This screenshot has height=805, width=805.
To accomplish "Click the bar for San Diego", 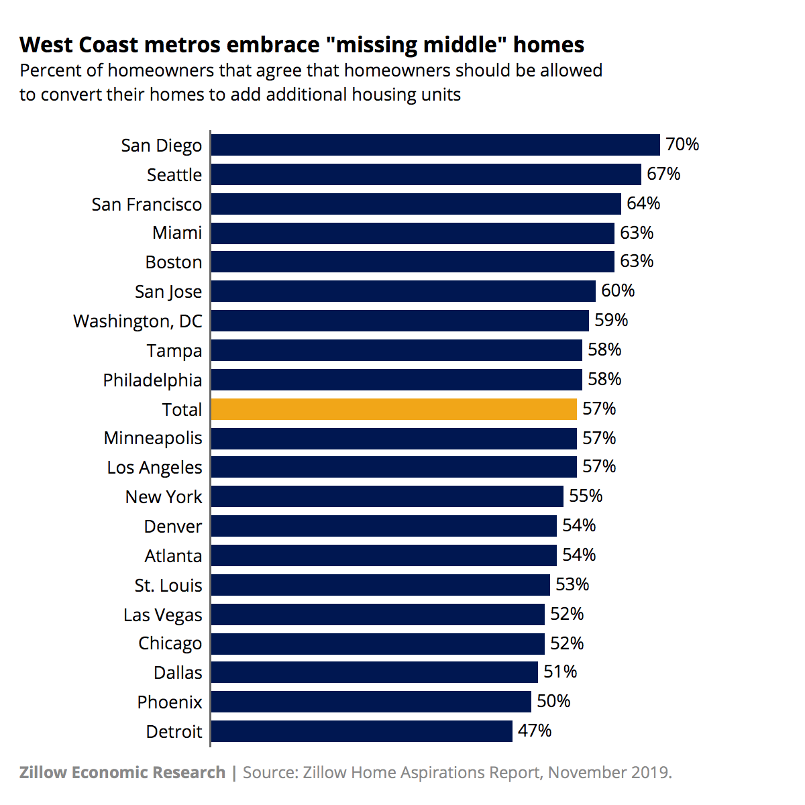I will pyautogui.click(x=435, y=145).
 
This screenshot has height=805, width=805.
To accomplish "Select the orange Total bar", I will pyautogui.click(x=394, y=409).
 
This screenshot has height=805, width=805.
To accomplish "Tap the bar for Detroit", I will pyautogui.click(x=362, y=731).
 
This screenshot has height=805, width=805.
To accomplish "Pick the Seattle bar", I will pyautogui.click(x=425, y=174).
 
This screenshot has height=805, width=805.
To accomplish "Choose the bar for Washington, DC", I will pyautogui.click(x=400, y=321).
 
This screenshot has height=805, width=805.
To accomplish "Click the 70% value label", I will pyautogui.click(x=682, y=145).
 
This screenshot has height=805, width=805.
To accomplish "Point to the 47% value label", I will pyautogui.click(x=535, y=731).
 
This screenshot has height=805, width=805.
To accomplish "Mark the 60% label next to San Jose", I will pyautogui.click(x=618, y=291).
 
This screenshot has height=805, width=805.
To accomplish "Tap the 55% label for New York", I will pyautogui.click(x=586, y=496).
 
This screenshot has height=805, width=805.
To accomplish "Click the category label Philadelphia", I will pyautogui.click(x=152, y=380).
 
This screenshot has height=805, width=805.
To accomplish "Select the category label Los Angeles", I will pyautogui.click(x=154, y=468).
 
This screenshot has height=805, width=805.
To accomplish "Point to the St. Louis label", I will pyautogui.click(x=168, y=586).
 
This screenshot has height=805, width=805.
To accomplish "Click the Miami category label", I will pyautogui.click(x=177, y=233).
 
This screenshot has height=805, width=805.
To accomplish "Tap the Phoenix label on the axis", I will pyautogui.click(x=170, y=702).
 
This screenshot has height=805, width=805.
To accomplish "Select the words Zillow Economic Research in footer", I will pyautogui.click(x=122, y=773).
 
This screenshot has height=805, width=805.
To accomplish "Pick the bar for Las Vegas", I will pyautogui.click(x=378, y=614).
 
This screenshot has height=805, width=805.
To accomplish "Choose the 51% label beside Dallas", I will pyautogui.click(x=560, y=672).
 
